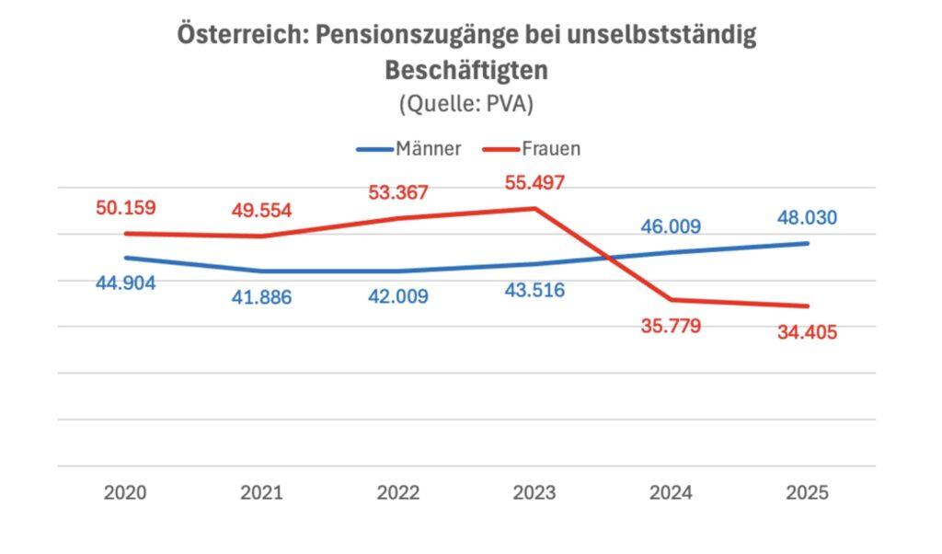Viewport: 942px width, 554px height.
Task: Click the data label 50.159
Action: click(125, 207)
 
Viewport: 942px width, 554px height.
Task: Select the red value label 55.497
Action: click(534, 182)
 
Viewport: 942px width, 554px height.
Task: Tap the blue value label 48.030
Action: click(806, 218)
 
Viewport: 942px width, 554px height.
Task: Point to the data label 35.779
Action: click(671, 325)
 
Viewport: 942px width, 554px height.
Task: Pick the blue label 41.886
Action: click(261, 297)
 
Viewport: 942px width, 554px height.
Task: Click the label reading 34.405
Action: click(807, 332)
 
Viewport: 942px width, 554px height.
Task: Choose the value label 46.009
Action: click(671, 225)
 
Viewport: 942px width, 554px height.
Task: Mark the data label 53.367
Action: click(397, 192)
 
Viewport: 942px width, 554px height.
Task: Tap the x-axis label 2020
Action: click(125, 492)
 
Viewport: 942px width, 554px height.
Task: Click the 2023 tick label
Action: click(534, 492)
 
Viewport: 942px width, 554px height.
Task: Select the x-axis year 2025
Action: click(807, 492)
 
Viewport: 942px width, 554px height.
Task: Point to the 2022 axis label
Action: click(397, 492)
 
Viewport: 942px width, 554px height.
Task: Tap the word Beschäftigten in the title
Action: click(466, 70)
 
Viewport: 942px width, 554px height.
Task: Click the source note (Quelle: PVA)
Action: click(466, 104)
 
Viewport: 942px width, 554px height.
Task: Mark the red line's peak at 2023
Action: click(534, 208)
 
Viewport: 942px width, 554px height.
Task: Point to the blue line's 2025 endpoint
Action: click(807, 243)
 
